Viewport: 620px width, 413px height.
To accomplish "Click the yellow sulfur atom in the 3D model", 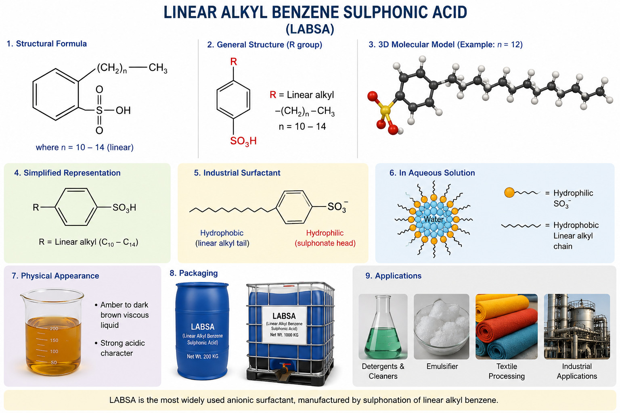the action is click(385, 111).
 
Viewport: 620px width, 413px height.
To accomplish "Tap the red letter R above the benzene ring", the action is click(234, 62).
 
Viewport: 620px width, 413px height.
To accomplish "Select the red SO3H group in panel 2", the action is click(243, 141).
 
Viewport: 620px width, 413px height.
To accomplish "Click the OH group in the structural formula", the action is click(123, 111).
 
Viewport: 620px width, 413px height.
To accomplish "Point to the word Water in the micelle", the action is click(434, 219).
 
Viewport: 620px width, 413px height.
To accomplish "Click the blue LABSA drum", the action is click(202, 331).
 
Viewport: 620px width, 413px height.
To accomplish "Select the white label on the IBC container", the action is click(284, 325).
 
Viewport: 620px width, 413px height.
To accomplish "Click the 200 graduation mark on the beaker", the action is click(54, 328).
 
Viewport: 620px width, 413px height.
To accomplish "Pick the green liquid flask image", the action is click(383, 326).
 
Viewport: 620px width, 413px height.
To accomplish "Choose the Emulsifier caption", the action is click(442, 366).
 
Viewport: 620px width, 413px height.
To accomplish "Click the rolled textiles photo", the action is click(507, 326).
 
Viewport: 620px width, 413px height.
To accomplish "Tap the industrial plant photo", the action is click(577, 326).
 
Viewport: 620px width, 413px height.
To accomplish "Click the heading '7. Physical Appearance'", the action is click(55, 276).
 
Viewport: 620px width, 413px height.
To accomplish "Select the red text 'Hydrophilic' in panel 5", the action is click(325, 233).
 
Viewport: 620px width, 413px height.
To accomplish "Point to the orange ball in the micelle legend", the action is click(509, 192).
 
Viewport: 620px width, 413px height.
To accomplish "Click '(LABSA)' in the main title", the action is click(310, 29).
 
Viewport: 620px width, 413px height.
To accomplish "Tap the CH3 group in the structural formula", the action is click(158, 68).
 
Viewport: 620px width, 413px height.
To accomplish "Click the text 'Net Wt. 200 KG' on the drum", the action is click(203, 356).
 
